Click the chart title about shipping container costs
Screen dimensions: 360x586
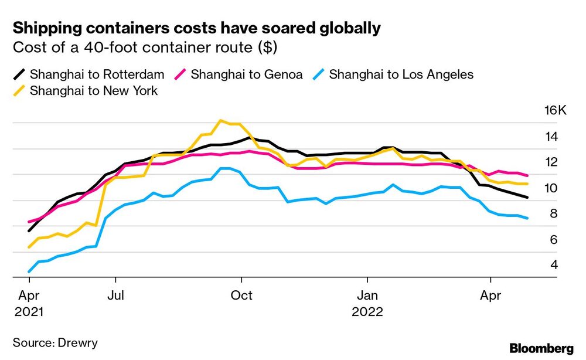pos(197,28)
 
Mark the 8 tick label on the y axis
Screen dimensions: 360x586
pos(554,214)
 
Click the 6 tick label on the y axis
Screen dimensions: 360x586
pos(554,240)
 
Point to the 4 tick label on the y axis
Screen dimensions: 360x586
pos(554,265)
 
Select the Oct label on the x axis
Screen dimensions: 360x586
pos(241,296)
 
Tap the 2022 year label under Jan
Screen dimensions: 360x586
pos(367,312)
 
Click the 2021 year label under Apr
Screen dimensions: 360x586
pos(29,312)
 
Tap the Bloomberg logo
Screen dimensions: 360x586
pos(541,348)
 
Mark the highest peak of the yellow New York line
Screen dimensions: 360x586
pos(220,121)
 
